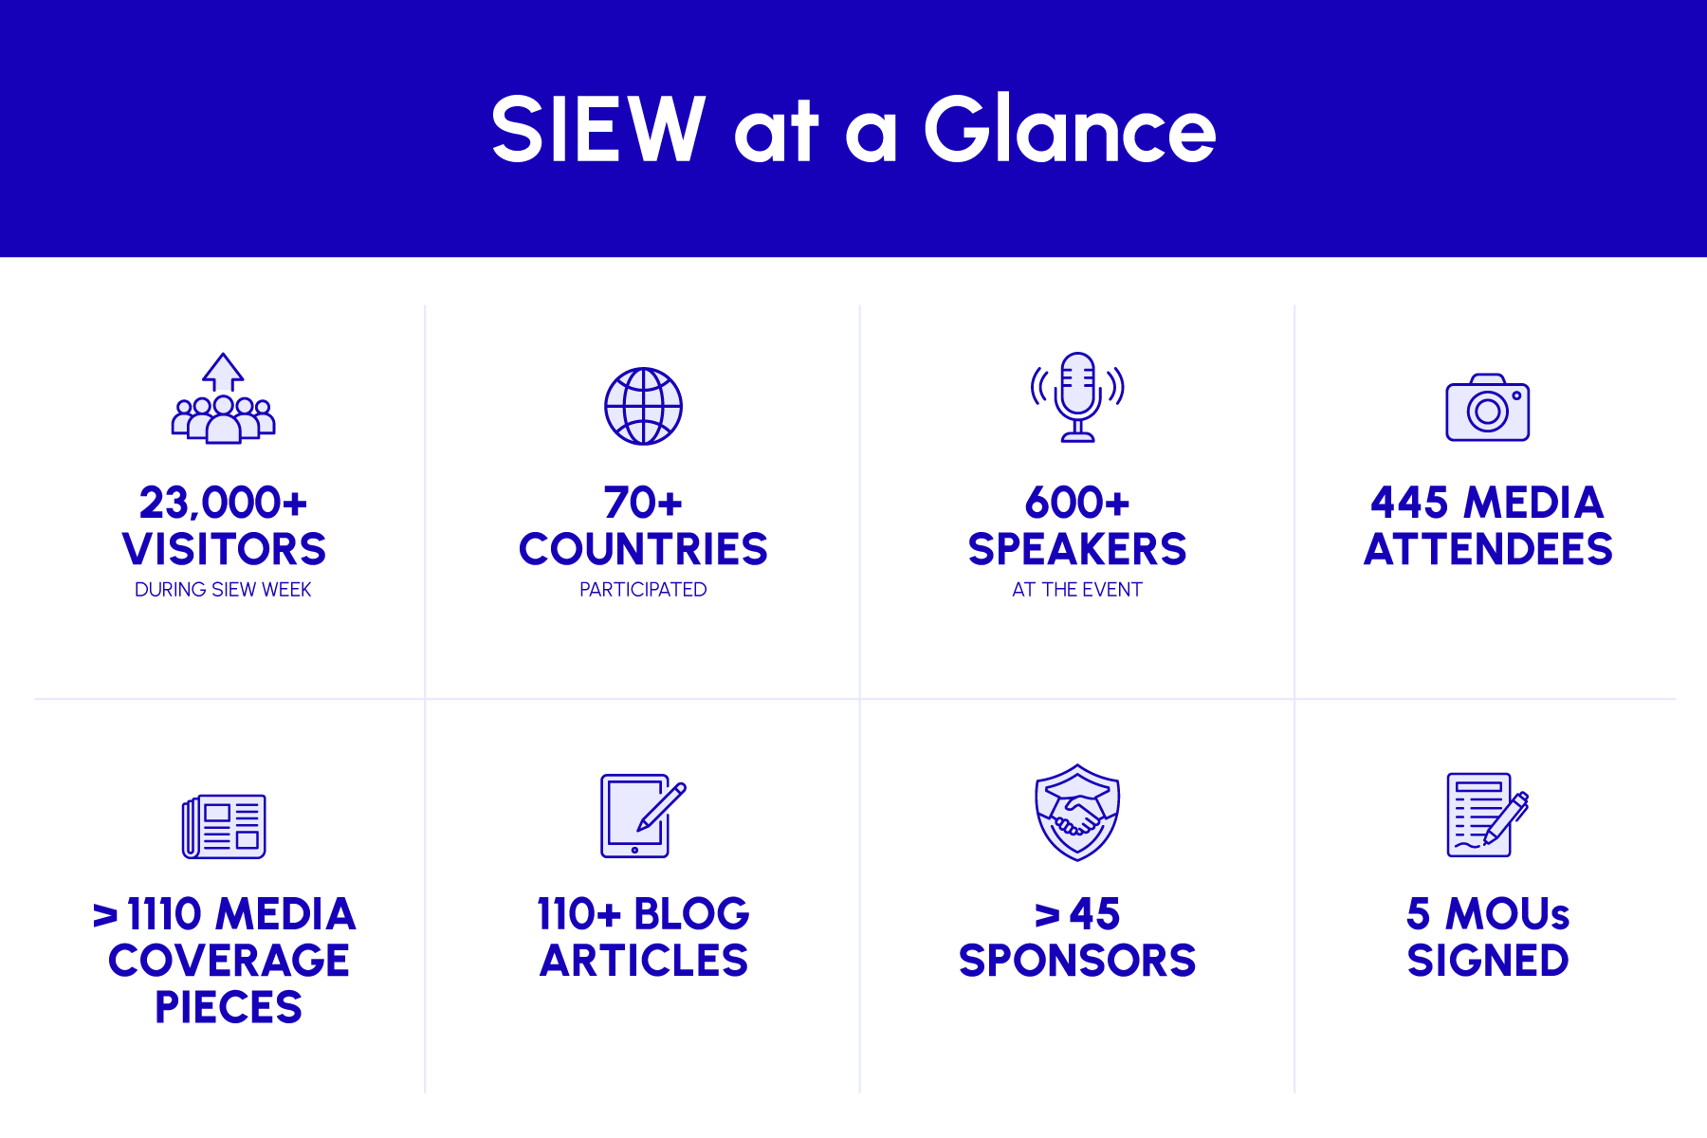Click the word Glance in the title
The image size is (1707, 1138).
coord(1070,129)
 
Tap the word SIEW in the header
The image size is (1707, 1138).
coord(598,129)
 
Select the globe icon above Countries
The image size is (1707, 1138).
coord(643,406)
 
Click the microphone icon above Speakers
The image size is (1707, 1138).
coord(1077,396)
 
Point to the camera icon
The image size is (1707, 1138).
coord(1487,407)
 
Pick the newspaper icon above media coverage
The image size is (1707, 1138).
coord(224,826)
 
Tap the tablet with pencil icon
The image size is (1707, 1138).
coord(643,816)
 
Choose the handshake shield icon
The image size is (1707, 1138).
coord(1077,813)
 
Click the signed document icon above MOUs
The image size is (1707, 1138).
coord(1487,815)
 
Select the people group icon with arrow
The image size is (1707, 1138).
coord(223,398)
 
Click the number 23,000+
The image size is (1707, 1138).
coord(223,503)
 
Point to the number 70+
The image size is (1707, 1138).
coord(643,503)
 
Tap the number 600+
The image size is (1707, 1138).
coord(1077,503)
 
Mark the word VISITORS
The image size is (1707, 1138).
coord(224,549)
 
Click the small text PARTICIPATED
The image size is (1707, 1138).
coord(643,590)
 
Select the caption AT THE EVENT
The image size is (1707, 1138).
coord(1077,590)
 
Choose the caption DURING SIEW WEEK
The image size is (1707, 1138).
coord(223,590)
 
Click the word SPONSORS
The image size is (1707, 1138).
coord(1077,961)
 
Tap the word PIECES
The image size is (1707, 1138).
coord(229,1007)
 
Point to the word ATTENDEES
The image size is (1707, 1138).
coord(1488,549)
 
